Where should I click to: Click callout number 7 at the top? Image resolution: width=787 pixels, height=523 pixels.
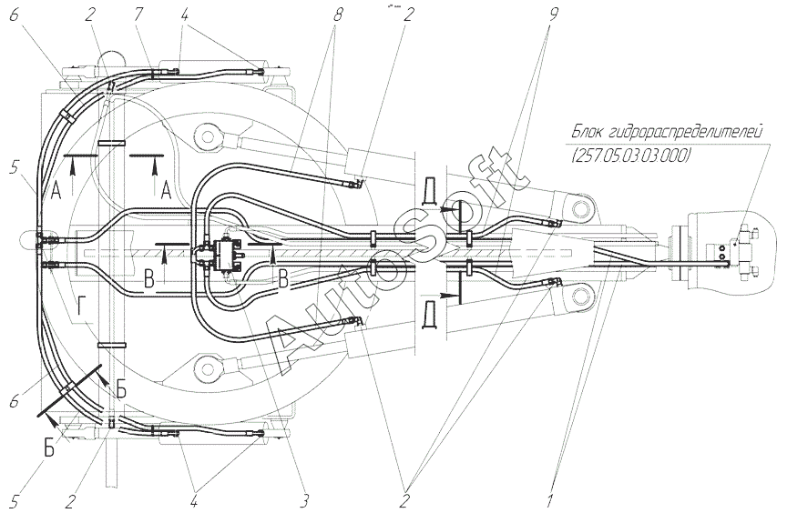point(139,15)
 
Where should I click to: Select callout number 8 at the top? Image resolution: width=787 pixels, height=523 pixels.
point(337,15)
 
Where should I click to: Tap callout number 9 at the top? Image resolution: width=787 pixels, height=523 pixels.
point(553,15)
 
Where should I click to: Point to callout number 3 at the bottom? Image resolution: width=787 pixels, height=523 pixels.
point(304,501)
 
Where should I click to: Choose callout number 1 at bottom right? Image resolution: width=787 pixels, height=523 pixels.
point(550,501)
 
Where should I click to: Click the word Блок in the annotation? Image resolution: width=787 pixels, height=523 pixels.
point(588,133)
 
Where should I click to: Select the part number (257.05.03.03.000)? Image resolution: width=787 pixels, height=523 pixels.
point(631,156)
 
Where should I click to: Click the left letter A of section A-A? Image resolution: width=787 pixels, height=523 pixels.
point(56,190)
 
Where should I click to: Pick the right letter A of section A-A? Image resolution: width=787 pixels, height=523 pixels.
point(167,190)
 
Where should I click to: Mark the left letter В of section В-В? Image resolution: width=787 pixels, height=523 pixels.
point(148,279)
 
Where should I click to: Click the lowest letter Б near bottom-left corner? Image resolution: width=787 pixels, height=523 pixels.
point(48,448)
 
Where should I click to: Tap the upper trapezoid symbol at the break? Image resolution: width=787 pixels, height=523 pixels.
point(430,191)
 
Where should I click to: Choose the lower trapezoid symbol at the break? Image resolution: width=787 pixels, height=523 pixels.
point(430,315)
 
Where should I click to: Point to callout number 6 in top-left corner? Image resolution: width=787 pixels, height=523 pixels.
point(14,15)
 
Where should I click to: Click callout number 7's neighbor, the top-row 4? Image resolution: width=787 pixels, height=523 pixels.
point(185,15)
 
